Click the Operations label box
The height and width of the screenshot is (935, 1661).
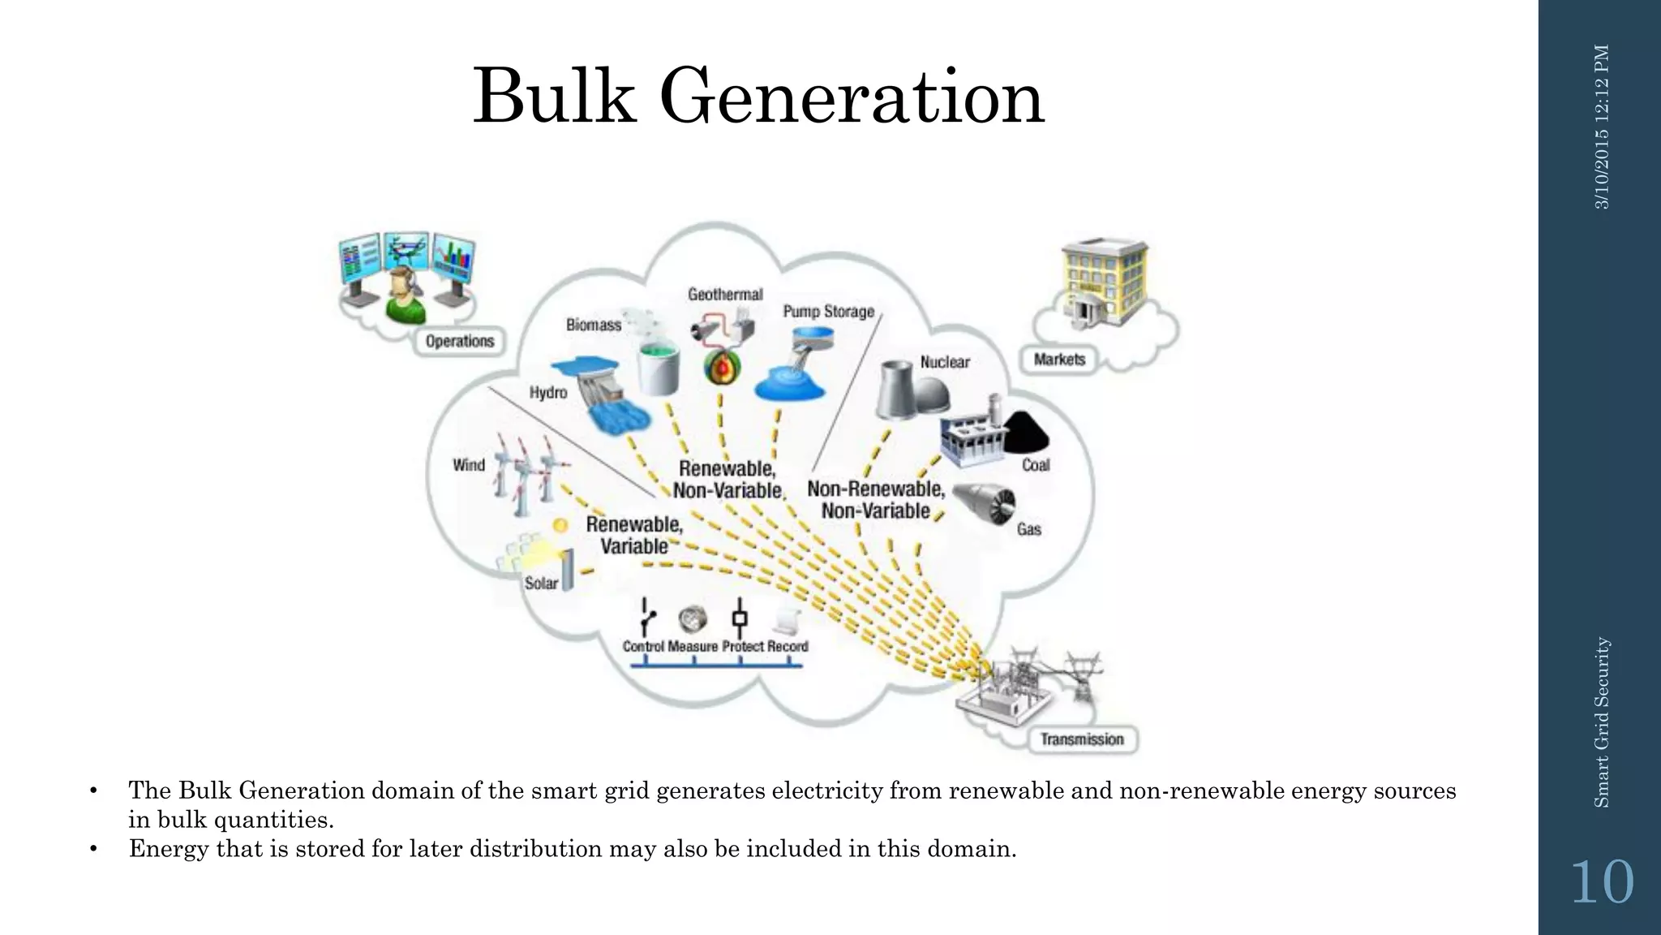[x=460, y=342]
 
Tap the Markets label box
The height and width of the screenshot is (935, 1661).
[x=1059, y=360]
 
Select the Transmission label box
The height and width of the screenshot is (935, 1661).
[x=1082, y=739]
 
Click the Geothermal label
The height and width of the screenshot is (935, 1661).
[x=725, y=295]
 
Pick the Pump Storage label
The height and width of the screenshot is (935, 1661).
[x=828, y=312]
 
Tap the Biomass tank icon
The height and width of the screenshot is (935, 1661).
[x=658, y=367]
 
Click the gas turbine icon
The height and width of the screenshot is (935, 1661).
[x=984, y=503]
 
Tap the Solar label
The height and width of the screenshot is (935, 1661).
[x=541, y=583]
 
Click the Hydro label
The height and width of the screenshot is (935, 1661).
[x=548, y=393]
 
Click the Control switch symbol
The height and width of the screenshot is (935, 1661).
[x=646, y=618]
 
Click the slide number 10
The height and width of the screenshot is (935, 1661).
[x=1602, y=882]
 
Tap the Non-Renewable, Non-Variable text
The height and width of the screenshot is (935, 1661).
[x=876, y=500]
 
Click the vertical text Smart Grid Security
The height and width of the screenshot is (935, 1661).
[x=1601, y=722]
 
